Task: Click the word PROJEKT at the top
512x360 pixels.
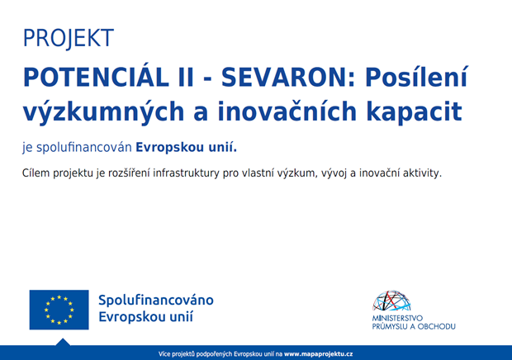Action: point(69,38)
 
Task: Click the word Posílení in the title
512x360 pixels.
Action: point(417,76)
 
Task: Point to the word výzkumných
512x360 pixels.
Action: point(103,112)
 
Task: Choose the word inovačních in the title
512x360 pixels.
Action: point(287,111)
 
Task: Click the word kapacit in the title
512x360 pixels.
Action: point(414,112)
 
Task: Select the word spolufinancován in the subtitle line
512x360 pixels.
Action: point(84,148)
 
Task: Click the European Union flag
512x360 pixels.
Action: point(59,310)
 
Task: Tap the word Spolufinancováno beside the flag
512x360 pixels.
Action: point(156,301)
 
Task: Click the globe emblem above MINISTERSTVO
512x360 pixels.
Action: point(391,301)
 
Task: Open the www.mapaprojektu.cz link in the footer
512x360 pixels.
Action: point(319,354)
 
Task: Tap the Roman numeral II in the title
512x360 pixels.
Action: point(186,78)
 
